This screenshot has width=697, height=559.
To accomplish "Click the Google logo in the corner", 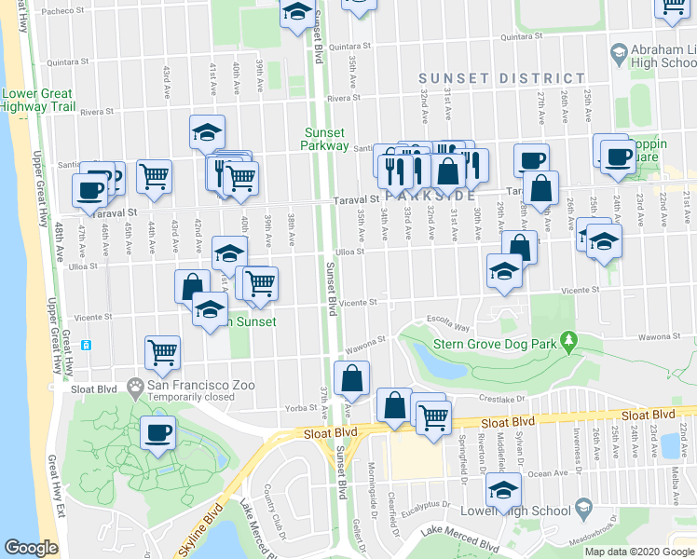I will tap(31, 548).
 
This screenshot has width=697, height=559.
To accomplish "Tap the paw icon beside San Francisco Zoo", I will tap(136, 385).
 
